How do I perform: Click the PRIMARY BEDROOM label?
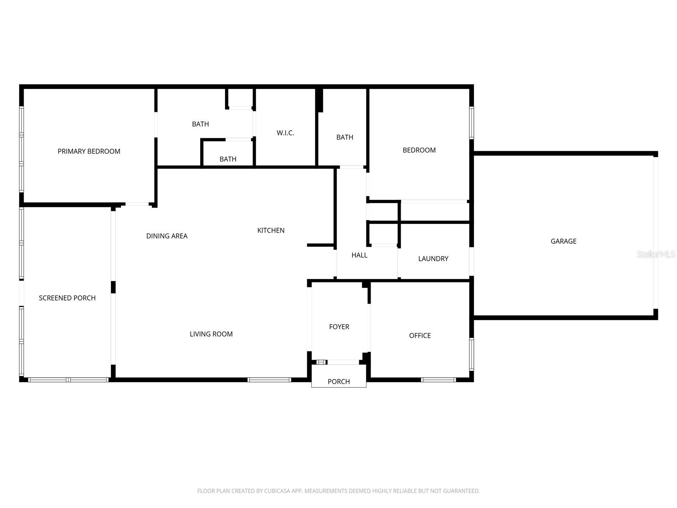coord(89,151)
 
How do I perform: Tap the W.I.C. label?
coord(285,133)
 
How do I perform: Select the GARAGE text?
coord(563,241)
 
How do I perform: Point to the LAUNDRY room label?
coord(433,259)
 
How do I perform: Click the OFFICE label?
coord(420,336)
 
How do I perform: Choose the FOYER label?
coord(339,327)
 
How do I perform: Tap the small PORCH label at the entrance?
coord(338,381)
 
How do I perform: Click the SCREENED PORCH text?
coord(67,298)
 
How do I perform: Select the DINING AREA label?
coord(167,236)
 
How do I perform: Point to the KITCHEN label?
coord(271,230)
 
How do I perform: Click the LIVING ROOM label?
coord(211,334)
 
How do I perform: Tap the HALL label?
coord(359,255)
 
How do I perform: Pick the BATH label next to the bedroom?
coord(344,137)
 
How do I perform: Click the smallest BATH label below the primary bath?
coord(228,159)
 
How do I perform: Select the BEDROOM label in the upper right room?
coord(419,150)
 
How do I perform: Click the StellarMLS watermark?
coord(656,254)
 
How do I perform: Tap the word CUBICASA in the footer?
coord(279,491)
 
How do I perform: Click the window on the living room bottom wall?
coord(269,380)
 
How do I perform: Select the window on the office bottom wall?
coord(438,380)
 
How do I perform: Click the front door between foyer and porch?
coord(343,362)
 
